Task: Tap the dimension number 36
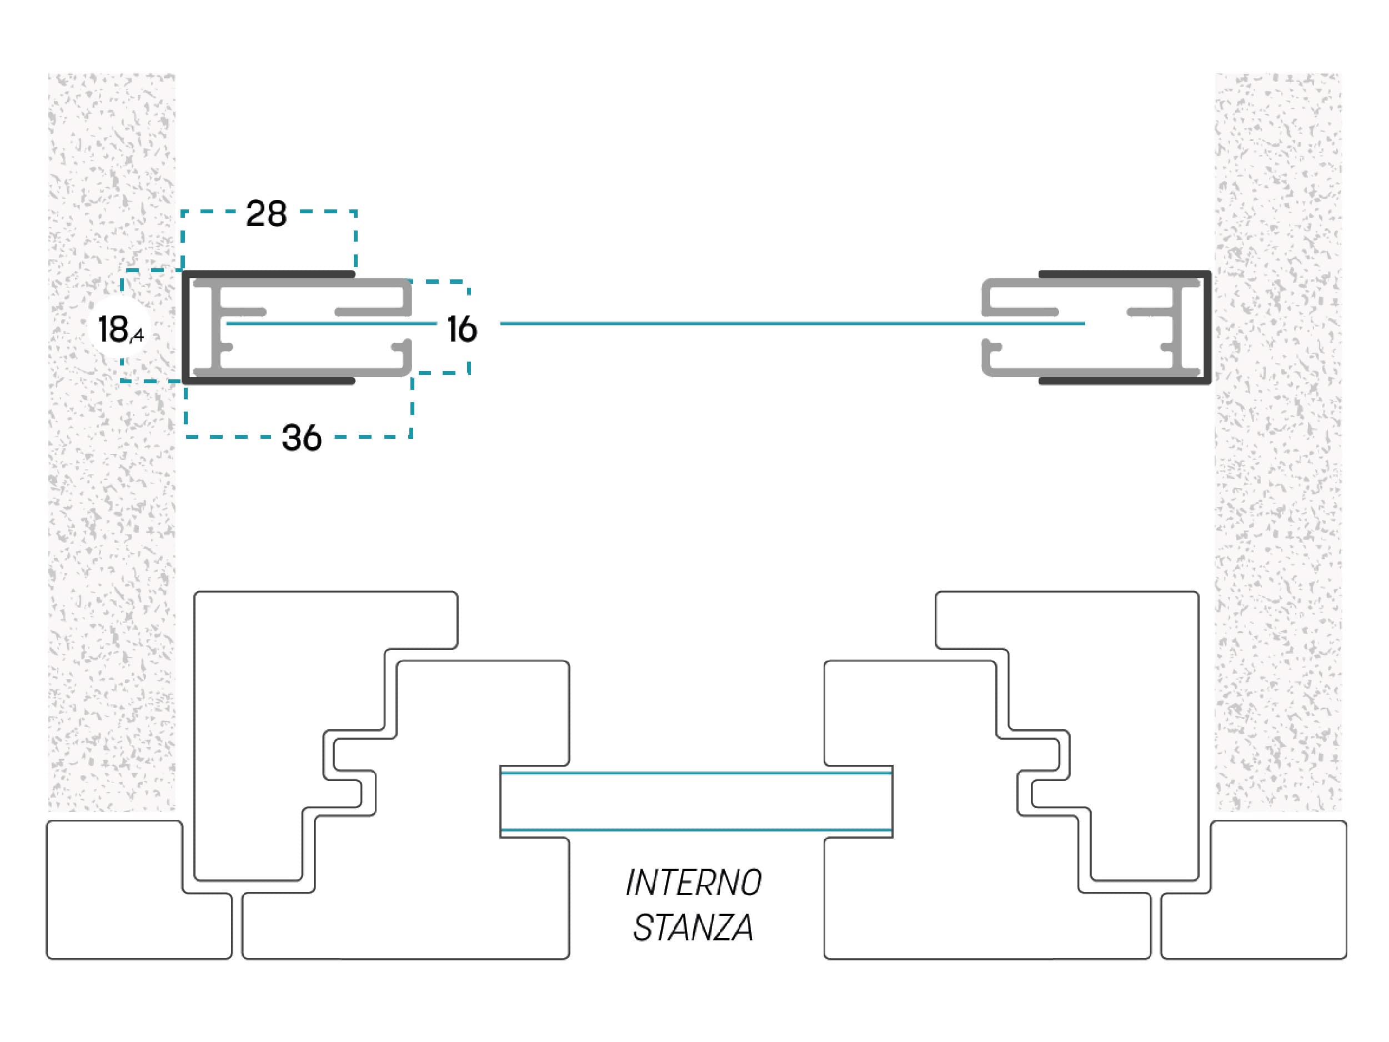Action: point(302,438)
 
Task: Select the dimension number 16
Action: point(462,329)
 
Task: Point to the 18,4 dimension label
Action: point(121,330)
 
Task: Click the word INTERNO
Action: point(694,883)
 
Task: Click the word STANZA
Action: point(693,928)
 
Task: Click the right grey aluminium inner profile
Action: point(1177,327)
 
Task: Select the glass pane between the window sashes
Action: point(696,801)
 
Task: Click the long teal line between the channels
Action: point(793,323)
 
